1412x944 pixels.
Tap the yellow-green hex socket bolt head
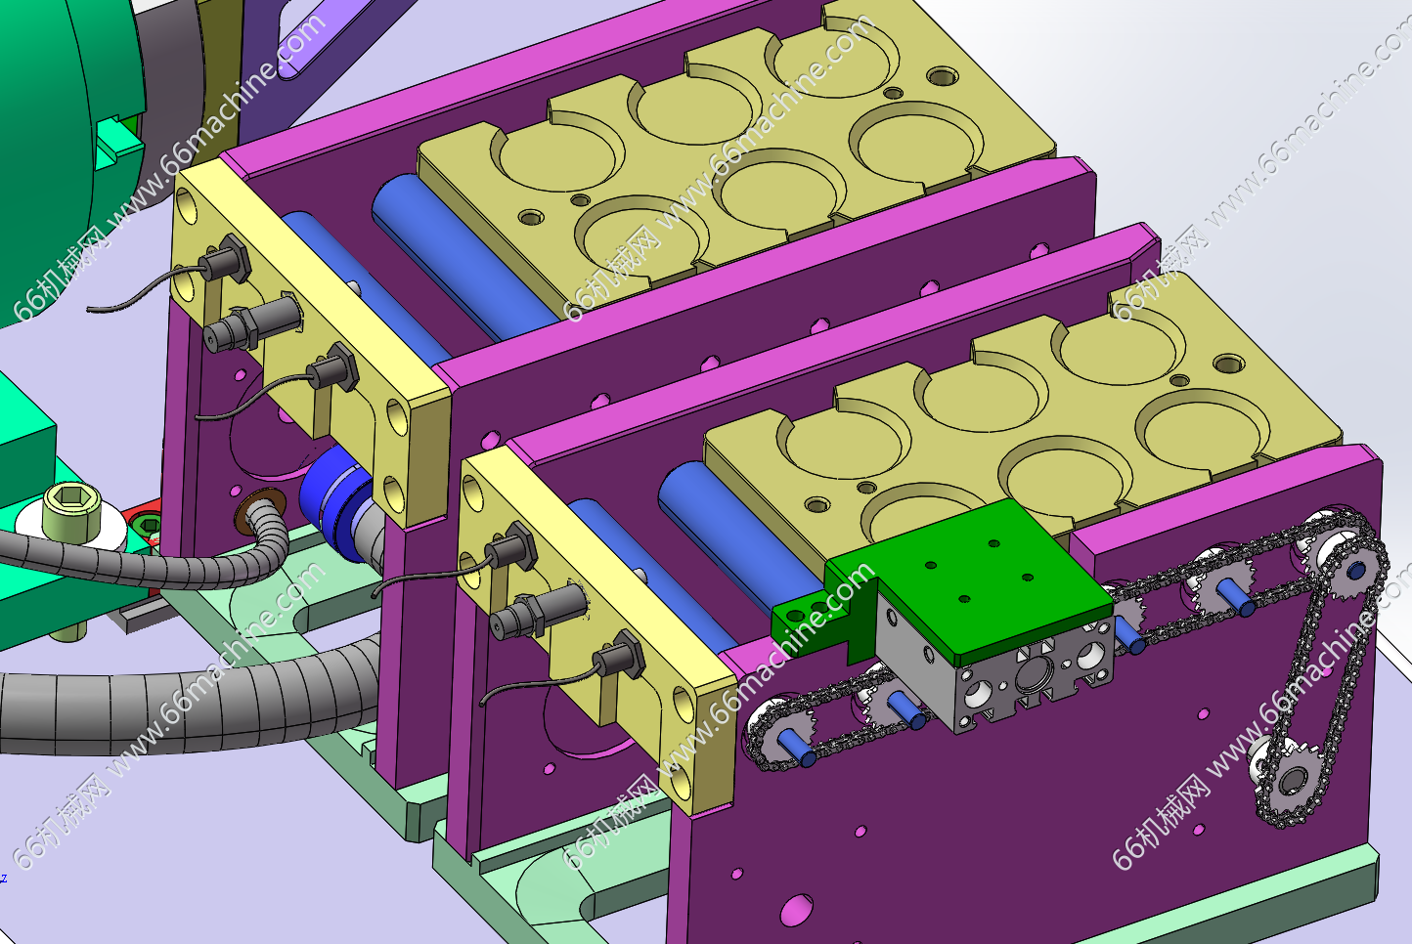[71, 507]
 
